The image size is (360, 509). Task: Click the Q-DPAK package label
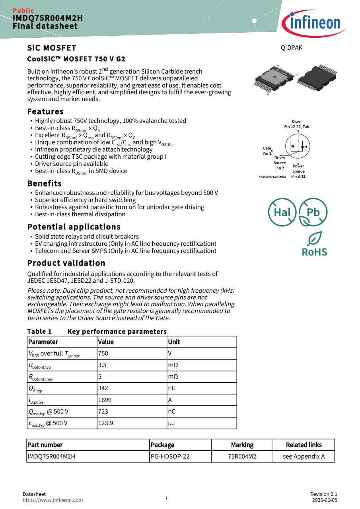tap(291, 48)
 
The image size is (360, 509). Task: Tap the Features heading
tap(45, 112)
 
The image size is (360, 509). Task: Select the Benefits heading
tap(44, 184)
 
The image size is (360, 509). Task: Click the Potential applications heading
tap(74, 227)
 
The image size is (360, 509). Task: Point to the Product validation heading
tap(66, 263)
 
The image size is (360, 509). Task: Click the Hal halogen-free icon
tap(282, 212)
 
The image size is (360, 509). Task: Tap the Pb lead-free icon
tap(313, 212)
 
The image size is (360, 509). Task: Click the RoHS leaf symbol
tap(314, 239)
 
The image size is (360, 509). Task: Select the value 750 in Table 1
tap(103, 354)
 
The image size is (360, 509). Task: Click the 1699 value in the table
tap(105, 400)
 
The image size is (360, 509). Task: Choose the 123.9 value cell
tap(105, 423)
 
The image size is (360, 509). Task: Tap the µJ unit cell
tap(171, 423)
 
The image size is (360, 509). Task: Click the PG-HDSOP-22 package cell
tap(170, 457)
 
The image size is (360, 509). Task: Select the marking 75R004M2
tap(242, 457)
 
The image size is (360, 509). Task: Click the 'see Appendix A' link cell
tap(304, 457)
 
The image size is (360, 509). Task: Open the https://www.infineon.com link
tap(53, 500)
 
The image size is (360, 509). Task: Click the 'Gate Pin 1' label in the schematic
tap(267, 151)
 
